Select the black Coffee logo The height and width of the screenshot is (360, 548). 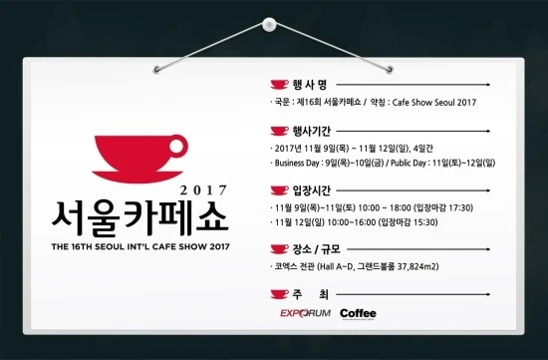(x=358, y=313)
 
